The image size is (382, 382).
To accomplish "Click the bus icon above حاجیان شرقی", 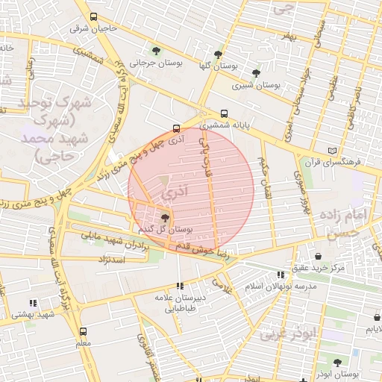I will pos(93,16).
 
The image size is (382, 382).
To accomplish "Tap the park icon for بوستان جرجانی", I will pos(156,51).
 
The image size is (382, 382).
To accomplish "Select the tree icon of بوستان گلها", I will pos(218,54).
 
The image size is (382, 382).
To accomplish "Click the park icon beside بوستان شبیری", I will pos(257,73).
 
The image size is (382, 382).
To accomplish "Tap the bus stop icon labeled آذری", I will pos(176,128).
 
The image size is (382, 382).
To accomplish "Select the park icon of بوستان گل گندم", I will pos(164,218).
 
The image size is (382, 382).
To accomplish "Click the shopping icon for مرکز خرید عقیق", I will pos(319,256).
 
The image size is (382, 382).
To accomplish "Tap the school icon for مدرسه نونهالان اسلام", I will pos(281,275).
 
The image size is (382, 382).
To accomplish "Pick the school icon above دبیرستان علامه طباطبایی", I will pos(179,285).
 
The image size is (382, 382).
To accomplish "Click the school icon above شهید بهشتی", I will pos(32,303).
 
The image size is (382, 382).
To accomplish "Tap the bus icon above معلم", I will pos(82,331).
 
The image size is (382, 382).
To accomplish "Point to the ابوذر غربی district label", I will pos(289,334).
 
